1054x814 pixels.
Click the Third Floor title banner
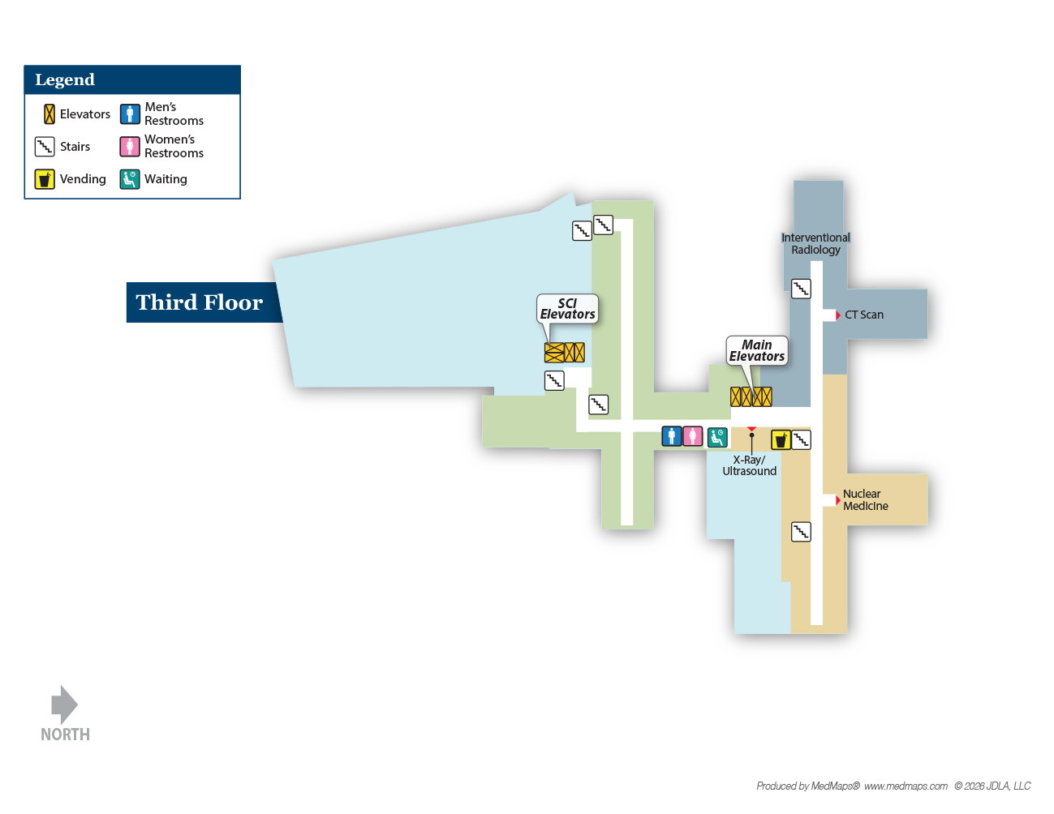pyautogui.click(x=204, y=302)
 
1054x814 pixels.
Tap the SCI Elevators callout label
pyautogui.click(x=567, y=309)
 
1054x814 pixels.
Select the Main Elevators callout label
pyautogui.click(x=757, y=350)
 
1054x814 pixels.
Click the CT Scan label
pyautogui.click(x=864, y=315)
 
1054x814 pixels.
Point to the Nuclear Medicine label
pyautogui.click(x=865, y=499)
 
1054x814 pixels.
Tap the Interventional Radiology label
pyautogui.click(x=815, y=244)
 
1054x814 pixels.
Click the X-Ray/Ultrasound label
pyautogui.click(x=749, y=465)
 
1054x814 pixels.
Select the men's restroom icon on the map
pyautogui.click(x=672, y=436)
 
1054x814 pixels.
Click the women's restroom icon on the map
pyautogui.click(x=693, y=436)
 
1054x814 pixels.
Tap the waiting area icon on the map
pyautogui.click(x=717, y=437)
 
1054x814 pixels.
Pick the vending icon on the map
pyautogui.click(x=781, y=440)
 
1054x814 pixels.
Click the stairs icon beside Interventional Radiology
pyautogui.click(x=801, y=289)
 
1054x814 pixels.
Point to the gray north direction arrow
pyautogui.click(x=64, y=705)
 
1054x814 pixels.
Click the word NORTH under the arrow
pyautogui.click(x=65, y=735)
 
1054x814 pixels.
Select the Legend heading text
pyautogui.click(x=65, y=79)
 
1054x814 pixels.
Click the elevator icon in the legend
pyautogui.click(x=49, y=114)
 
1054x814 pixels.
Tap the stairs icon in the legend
pyautogui.click(x=45, y=146)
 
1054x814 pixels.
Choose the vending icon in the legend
pyautogui.click(x=45, y=179)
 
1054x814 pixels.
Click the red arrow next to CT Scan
pyautogui.click(x=837, y=315)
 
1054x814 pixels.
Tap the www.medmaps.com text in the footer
pyautogui.click(x=906, y=786)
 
